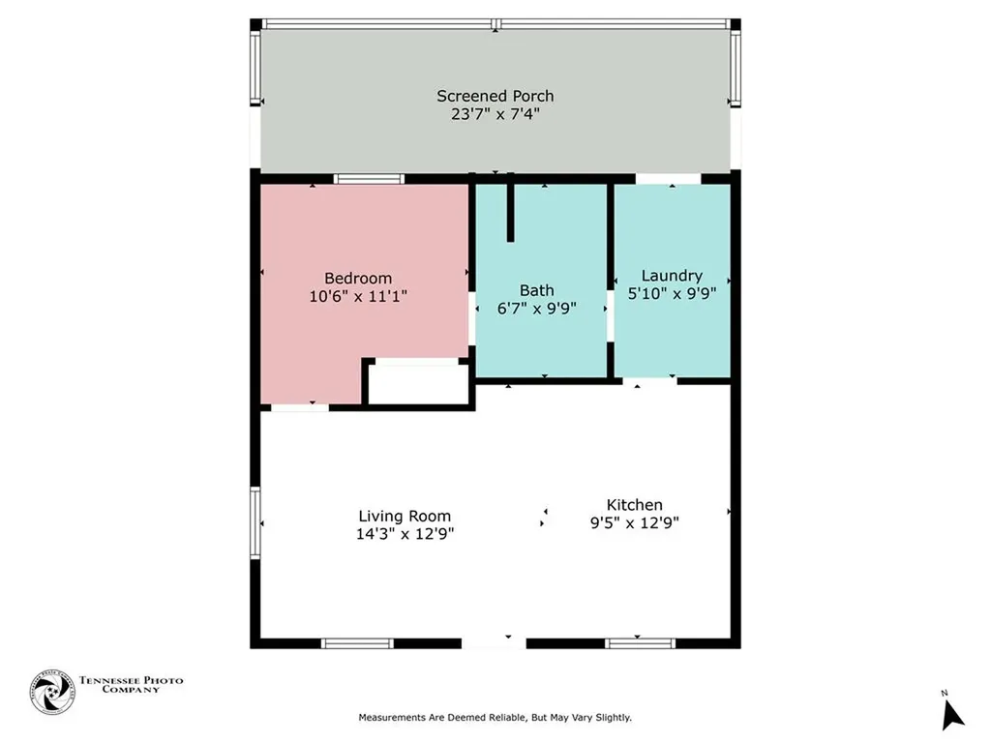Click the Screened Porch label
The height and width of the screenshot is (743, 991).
coord(495,96)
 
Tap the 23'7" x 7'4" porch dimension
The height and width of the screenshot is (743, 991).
coord(495,113)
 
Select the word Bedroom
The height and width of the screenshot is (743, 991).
coord(358,279)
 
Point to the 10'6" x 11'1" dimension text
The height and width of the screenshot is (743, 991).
coord(358,296)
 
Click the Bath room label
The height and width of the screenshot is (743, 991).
coord(537,290)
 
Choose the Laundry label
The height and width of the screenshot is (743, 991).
coord(672,276)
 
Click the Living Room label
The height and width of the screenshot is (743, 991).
coord(405,516)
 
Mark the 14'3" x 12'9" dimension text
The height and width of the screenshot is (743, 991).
coord(405,533)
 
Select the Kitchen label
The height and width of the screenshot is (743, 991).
coord(634,505)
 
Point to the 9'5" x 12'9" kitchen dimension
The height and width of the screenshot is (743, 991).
coord(634,522)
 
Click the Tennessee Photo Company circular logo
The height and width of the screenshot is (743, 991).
coord(52,692)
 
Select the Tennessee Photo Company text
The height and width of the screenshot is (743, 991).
coord(131,684)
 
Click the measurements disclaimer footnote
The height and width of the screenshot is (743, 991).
coord(495,717)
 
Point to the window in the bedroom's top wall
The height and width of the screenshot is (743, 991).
coord(369,179)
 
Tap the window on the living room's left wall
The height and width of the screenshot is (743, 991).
coord(256,523)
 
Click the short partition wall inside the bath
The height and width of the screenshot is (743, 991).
coord(510,212)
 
